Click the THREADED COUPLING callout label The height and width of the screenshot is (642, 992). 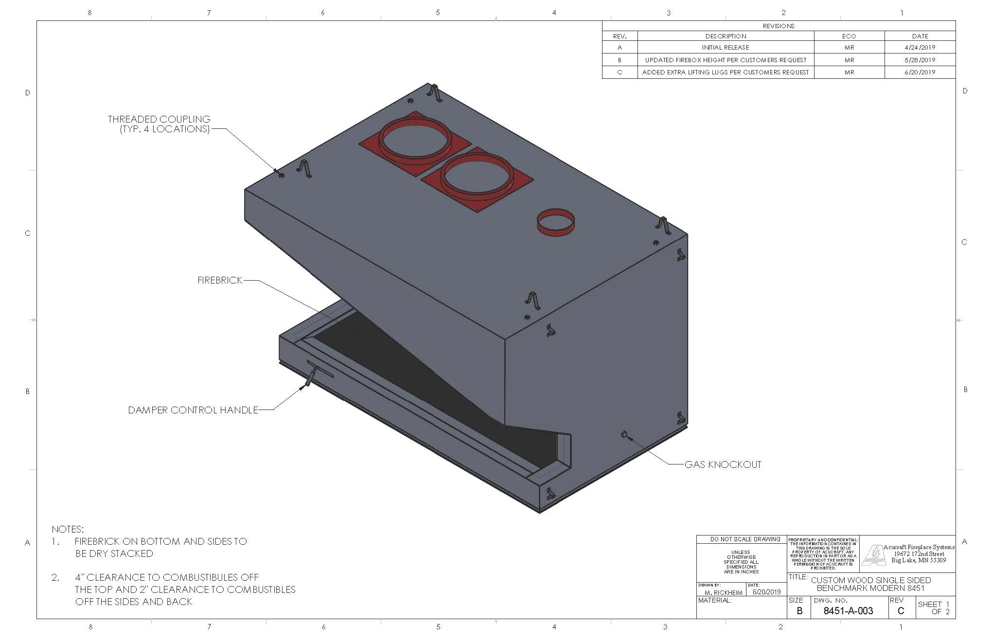coord(159,124)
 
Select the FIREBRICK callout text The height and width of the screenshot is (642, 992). coord(220,280)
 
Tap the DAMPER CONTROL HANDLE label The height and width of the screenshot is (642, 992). coord(193,410)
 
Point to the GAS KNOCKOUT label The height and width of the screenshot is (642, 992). coord(723,464)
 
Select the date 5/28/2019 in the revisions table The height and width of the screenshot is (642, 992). coord(920,60)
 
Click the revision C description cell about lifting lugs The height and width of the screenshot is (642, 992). coord(726,72)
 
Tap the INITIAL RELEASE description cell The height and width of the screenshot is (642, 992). coord(726,47)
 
